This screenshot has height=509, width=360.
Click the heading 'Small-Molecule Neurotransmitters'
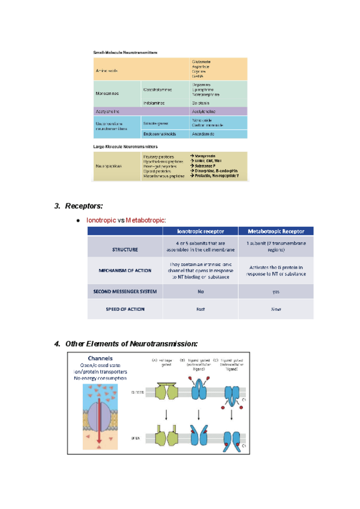125,53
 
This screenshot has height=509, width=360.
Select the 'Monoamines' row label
107,94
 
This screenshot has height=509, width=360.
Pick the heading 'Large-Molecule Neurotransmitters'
125,146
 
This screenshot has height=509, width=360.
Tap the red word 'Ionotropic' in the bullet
101,220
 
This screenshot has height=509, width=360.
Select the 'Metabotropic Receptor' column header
276,231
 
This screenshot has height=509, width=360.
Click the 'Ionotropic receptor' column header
200,231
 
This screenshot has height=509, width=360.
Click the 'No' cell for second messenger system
200,292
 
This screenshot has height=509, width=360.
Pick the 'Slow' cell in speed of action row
276,309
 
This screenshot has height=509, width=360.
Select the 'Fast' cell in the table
200,309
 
